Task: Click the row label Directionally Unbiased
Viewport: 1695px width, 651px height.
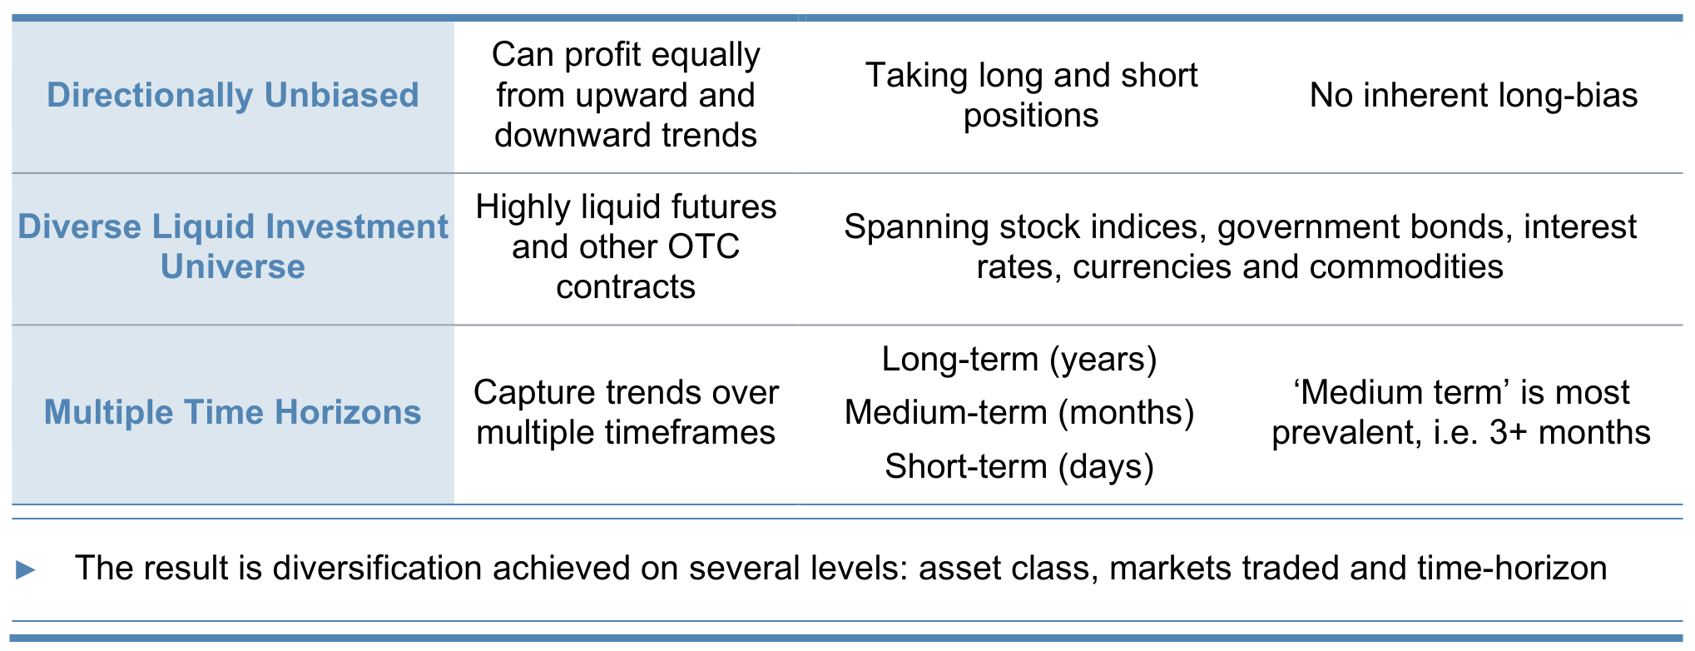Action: pyautogui.click(x=233, y=95)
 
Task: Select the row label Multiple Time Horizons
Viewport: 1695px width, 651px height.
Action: pyautogui.click(x=233, y=412)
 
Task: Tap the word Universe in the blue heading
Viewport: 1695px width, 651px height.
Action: pyautogui.click(x=233, y=266)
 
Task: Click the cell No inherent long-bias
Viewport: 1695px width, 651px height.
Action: pyautogui.click(x=1474, y=96)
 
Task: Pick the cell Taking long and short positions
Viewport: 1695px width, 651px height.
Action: pyautogui.click(x=1032, y=95)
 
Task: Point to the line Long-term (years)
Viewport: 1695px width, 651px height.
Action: pyautogui.click(x=1019, y=359)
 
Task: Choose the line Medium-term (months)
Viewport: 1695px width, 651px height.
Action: pyautogui.click(x=1019, y=412)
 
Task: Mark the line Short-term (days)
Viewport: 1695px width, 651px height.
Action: pyautogui.click(x=1019, y=466)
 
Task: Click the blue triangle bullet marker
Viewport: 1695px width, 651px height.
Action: pyautogui.click(x=26, y=570)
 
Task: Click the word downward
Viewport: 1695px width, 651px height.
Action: pyautogui.click(x=565, y=135)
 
